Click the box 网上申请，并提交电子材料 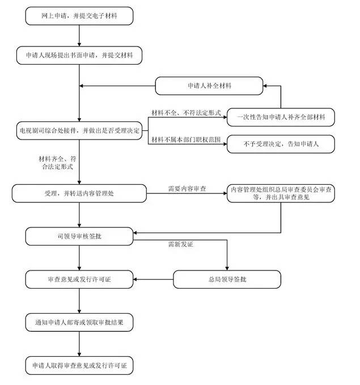[79, 16]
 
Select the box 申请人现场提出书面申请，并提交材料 [79, 55]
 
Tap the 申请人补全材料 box [209, 86]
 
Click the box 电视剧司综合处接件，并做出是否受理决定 [79, 130]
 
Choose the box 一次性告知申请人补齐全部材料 [281, 117]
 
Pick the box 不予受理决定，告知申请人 [281, 144]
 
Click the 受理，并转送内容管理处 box [79, 193]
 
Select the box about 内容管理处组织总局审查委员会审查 [281, 193]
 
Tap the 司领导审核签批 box [79, 235]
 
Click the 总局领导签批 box [227, 279]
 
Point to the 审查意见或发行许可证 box [79, 279]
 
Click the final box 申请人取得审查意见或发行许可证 [79, 365]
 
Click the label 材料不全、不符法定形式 [185, 113]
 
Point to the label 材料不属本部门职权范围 [185, 140]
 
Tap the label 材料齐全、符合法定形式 [56, 163]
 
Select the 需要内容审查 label [185, 188]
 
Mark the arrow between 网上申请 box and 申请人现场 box [79, 36]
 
